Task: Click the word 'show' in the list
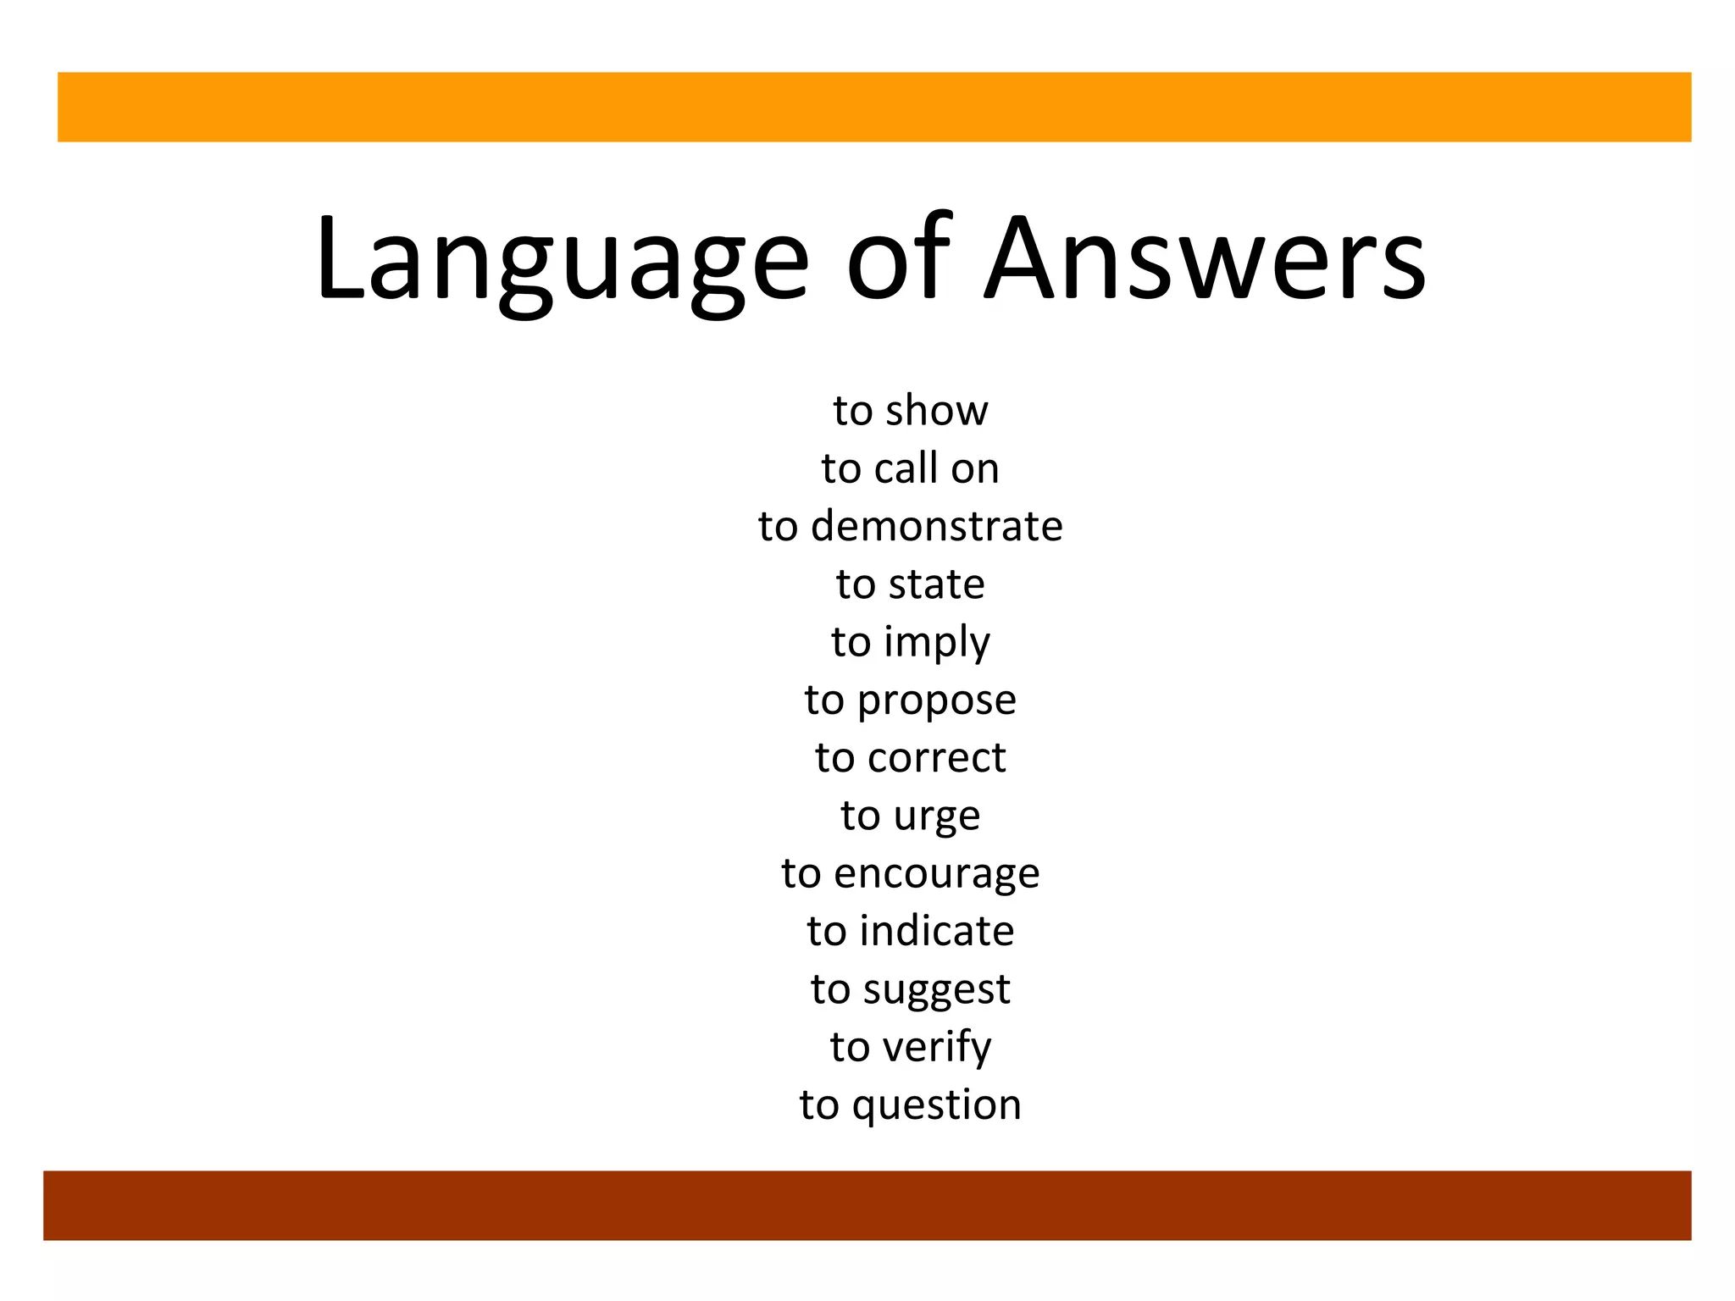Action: tap(936, 411)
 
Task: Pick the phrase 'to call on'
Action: tap(910, 468)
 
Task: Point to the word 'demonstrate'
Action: tap(936, 526)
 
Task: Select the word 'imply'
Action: tap(937, 643)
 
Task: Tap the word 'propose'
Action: tap(937, 701)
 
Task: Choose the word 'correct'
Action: tap(936, 758)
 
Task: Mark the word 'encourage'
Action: tap(936, 874)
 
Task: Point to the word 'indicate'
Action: tap(936, 932)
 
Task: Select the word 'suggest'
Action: tap(936, 990)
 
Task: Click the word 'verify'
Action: tap(937, 1048)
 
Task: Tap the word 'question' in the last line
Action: tap(936, 1106)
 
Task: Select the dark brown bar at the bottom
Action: tap(867, 1205)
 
